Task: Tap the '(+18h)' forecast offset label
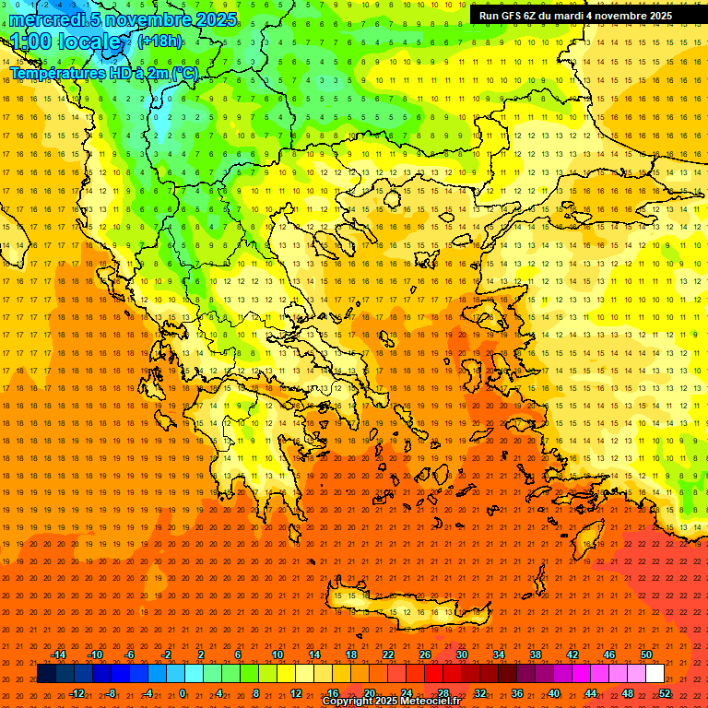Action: click(x=159, y=41)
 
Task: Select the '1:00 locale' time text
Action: click(x=70, y=42)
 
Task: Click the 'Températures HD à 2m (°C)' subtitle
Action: click(x=104, y=73)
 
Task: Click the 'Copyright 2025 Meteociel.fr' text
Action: click(x=390, y=702)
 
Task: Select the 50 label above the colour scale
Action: click(x=645, y=655)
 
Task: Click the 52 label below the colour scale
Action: click(x=664, y=693)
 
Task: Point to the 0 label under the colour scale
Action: click(x=183, y=693)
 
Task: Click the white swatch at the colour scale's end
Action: click(x=655, y=674)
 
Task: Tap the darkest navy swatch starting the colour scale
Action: click(x=46, y=674)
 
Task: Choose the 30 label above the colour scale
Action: click(x=461, y=655)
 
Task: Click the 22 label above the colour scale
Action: click(x=388, y=655)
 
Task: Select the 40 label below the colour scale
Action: click(x=553, y=693)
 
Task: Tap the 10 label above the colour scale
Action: click(x=277, y=655)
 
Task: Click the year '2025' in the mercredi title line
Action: click(x=215, y=19)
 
